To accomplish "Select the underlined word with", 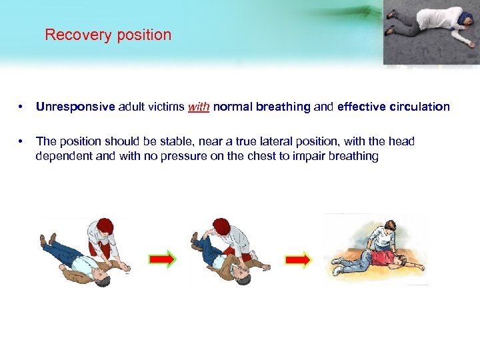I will click(x=199, y=107).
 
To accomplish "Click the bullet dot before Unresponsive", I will click(x=22, y=107).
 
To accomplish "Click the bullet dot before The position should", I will click(x=22, y=141).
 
